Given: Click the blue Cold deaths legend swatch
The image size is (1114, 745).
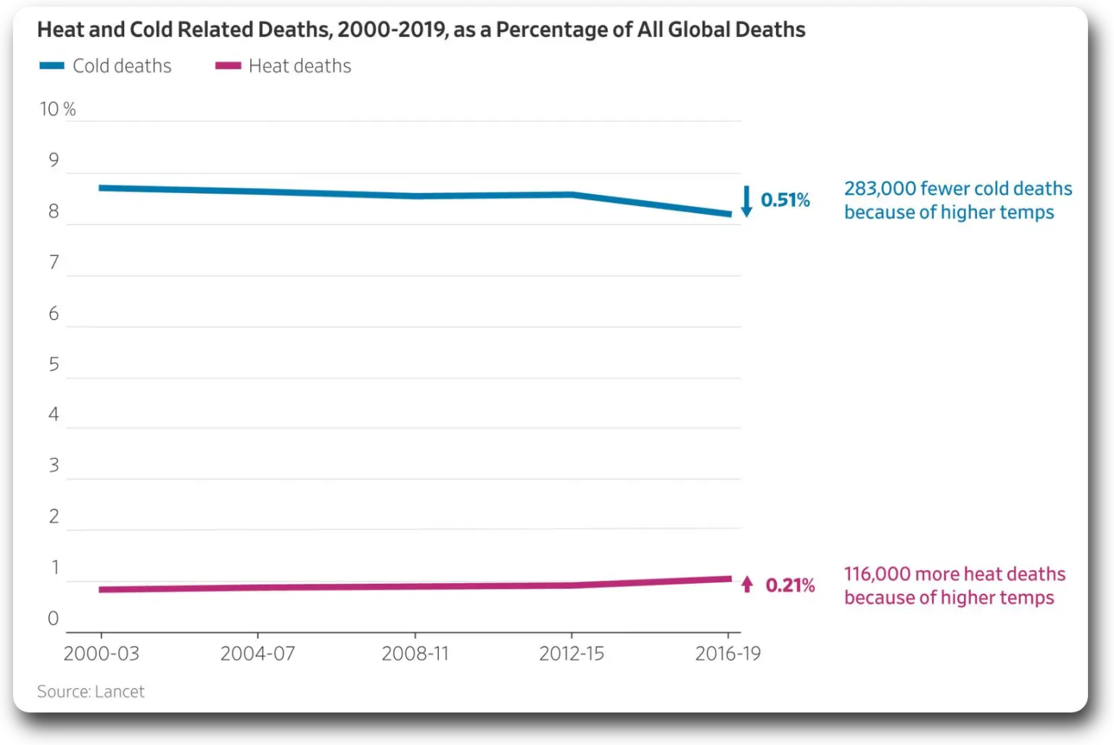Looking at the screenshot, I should [x=52, y=66].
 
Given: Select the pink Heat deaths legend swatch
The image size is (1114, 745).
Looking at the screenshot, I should [x=228, y=66].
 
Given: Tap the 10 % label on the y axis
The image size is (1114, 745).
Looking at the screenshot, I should [x=57, y=109].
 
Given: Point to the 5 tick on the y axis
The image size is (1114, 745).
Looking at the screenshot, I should [x=54, y=364].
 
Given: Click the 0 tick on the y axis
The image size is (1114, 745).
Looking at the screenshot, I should [x=53, y=619].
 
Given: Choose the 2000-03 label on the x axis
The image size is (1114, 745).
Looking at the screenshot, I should [x=101, y=654].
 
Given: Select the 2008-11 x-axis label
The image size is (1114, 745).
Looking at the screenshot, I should [x=415, y=654].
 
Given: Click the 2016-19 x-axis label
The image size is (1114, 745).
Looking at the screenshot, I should [x=727, y=654].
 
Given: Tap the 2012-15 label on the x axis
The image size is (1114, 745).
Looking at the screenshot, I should [x=572, y=654].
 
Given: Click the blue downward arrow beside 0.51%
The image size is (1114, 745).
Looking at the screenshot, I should [x=746, y=201].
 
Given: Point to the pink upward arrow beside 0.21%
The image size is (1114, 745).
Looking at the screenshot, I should [x=747, y=584].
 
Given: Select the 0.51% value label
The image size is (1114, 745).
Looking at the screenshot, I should [x=785, y=200].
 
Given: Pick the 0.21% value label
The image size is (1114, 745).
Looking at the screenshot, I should [x=790, y=585].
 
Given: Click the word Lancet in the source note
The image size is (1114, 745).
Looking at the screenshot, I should [x=119, y=692].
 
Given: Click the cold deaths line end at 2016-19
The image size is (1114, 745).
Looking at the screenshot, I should [x=728, y=214].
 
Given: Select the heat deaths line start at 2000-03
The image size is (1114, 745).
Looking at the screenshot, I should [x=102, y=590].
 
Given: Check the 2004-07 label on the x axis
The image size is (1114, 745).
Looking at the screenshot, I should [x=257, y=654].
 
